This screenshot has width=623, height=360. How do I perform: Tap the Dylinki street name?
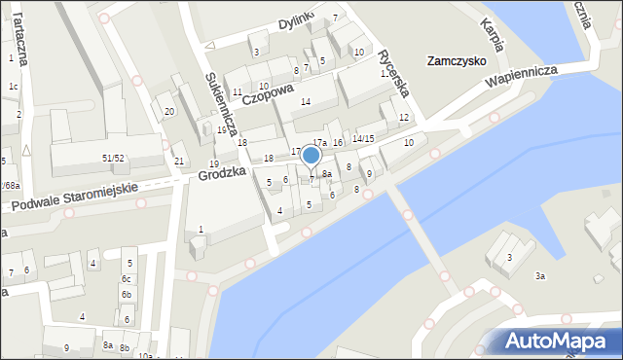click(x=298, y=21)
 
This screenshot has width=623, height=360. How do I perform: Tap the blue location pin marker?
click(x=311, y=156)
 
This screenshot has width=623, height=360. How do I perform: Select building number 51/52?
click(x=113, y=157)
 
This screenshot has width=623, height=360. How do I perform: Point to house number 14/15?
click(x=363, y=138)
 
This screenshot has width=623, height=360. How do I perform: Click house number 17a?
click(x=319, y=142)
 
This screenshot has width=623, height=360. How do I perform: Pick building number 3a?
click(x=539, y=275)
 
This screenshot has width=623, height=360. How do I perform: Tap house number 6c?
click(x=126, y=278)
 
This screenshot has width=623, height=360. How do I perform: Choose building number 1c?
click(x=13, y=87)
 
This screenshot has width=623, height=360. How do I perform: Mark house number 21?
click(x=178, y=161)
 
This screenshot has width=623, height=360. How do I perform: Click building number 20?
click(x=168, y=111)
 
